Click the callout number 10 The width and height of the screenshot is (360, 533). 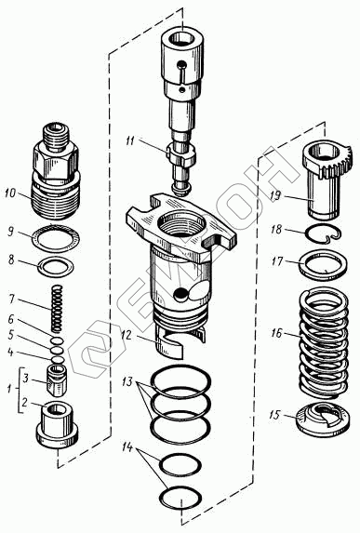click(x=10, y=193)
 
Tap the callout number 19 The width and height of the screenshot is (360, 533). click(x=275, y=195)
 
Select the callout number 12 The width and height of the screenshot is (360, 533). click(x=127, y=336)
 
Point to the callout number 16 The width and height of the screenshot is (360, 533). click(x=276, y=333)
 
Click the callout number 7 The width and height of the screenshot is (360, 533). click(x=12, y=300)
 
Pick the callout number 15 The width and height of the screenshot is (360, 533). click(x=274, y=415)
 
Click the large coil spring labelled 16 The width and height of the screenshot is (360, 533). click(x=324, y=343)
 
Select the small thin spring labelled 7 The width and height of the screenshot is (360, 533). click(x=57, y=308)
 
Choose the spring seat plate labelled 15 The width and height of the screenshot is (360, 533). click(x=323, y=419)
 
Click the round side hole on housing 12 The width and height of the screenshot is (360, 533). click(x=180, y=294)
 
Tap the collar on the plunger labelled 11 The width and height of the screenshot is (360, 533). click(x=181, y=155)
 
